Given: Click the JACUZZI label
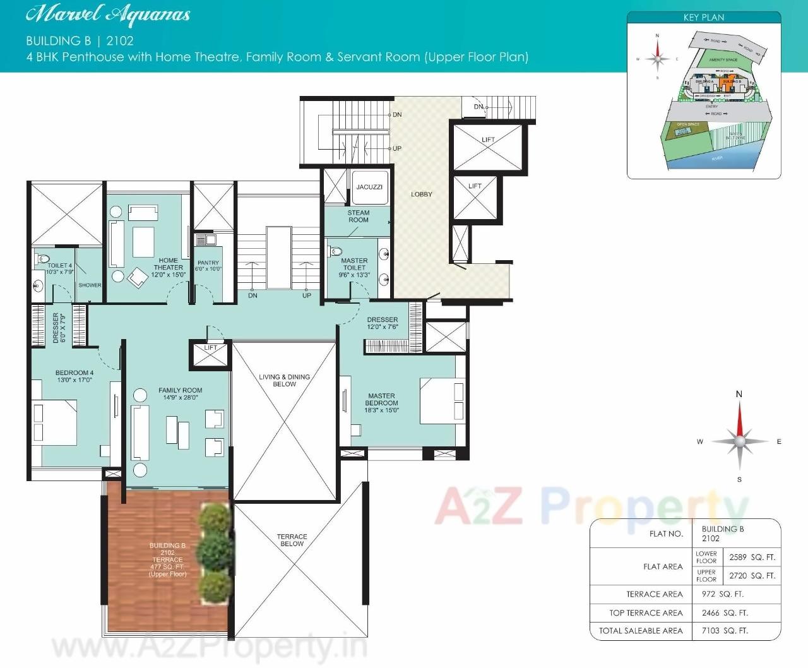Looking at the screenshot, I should pos(369,187).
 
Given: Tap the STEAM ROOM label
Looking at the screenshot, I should pos(358,217).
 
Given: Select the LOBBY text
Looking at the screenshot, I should pos(422,194).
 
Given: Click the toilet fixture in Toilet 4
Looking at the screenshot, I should pos(42,258).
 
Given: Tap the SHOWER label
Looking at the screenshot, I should pos(90,285).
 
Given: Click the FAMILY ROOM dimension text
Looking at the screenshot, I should pos(181,398).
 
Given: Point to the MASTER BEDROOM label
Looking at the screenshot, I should pos(381,400).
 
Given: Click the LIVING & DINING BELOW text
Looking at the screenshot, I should pos(284,380).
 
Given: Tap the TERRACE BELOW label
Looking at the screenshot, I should pos(292,540).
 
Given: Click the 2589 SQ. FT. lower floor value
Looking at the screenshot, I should pos(752,558).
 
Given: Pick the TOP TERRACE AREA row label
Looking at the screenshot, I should pos(646,613).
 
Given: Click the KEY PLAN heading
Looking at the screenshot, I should pos(704,18).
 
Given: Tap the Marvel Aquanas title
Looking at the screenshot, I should pos(108,15).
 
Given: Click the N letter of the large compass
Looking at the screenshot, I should pos(739,395).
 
